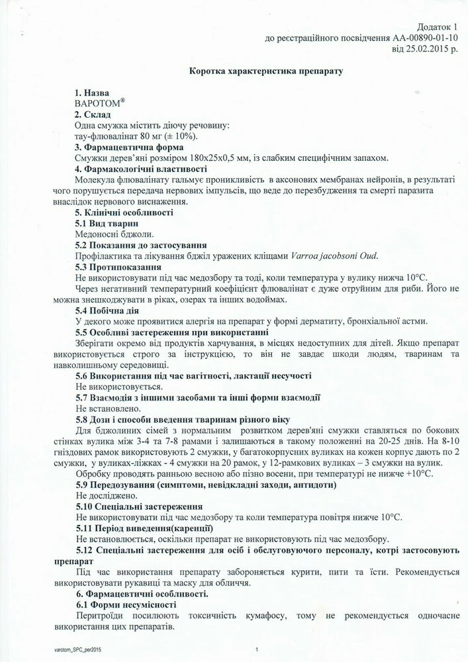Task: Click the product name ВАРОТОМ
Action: click(98, 104)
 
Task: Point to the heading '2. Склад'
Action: click(93, 115)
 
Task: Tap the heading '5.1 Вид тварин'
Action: click(107, 223)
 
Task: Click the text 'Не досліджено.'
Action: click(107, 495)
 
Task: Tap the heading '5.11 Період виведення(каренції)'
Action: click(144, 528)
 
